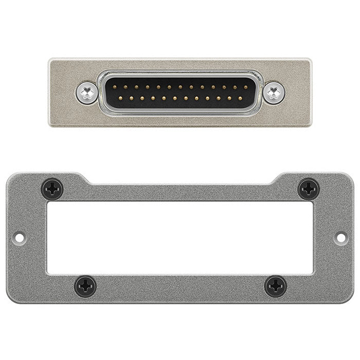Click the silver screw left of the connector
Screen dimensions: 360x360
coord(88,93)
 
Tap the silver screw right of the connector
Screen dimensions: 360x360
coord(274,93)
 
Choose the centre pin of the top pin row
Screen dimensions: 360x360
coord(180,86)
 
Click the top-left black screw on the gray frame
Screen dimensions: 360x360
coord(52,189)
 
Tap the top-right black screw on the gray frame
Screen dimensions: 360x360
coord(309,189)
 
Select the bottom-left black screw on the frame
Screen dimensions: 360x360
coord(85,286)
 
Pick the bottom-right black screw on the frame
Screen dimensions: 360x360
coord(276,286)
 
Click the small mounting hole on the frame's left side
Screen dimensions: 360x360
coord(19,238)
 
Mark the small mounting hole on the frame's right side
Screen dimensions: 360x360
coord(340,238)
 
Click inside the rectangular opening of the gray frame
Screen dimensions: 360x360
coord(180,238)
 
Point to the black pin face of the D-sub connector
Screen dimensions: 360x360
coord(180,92)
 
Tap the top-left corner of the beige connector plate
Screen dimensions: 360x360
coord(50,60)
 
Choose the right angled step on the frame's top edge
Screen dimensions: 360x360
coord(275,179)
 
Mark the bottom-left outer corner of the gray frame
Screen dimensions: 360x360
coord(8,301)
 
